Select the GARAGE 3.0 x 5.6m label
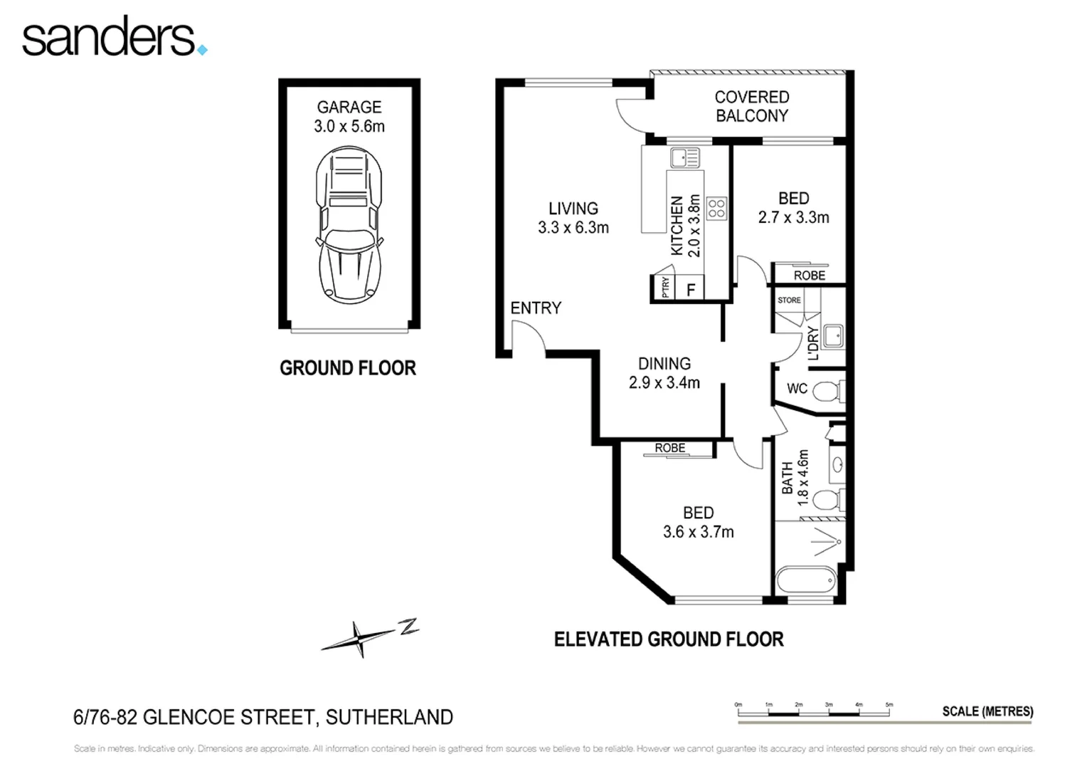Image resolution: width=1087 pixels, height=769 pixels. click(x=349, y=117)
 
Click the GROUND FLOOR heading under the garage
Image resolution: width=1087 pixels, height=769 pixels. click(x=347, y=368)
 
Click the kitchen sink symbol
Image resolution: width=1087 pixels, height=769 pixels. click(x=684, y=157)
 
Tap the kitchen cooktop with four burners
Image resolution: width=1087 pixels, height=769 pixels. click(x=716, y=208)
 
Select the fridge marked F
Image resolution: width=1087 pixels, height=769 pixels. click(x=690, y=290)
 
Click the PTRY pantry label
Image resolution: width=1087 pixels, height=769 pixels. click(x=665, y=288)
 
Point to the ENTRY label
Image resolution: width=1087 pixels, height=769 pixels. click(x=536, y=308)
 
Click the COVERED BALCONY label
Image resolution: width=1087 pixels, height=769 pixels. click(x=751, y=106)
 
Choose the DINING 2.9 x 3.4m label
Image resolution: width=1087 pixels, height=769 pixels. click(x=664, y=373)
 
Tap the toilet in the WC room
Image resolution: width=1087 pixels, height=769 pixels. click(x=827, y=392)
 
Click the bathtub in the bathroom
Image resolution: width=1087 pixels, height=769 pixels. click(x=807, y=579)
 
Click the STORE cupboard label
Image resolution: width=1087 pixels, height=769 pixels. click(x=789, y=300)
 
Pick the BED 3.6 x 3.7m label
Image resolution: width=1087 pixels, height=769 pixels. click(x=698, y=522)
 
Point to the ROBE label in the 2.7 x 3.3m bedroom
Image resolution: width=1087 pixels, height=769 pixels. click(x=809, y=275)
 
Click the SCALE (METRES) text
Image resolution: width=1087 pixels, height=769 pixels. click(x=987, y=711)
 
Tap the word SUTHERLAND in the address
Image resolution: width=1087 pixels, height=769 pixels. click(x=389, y=717)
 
